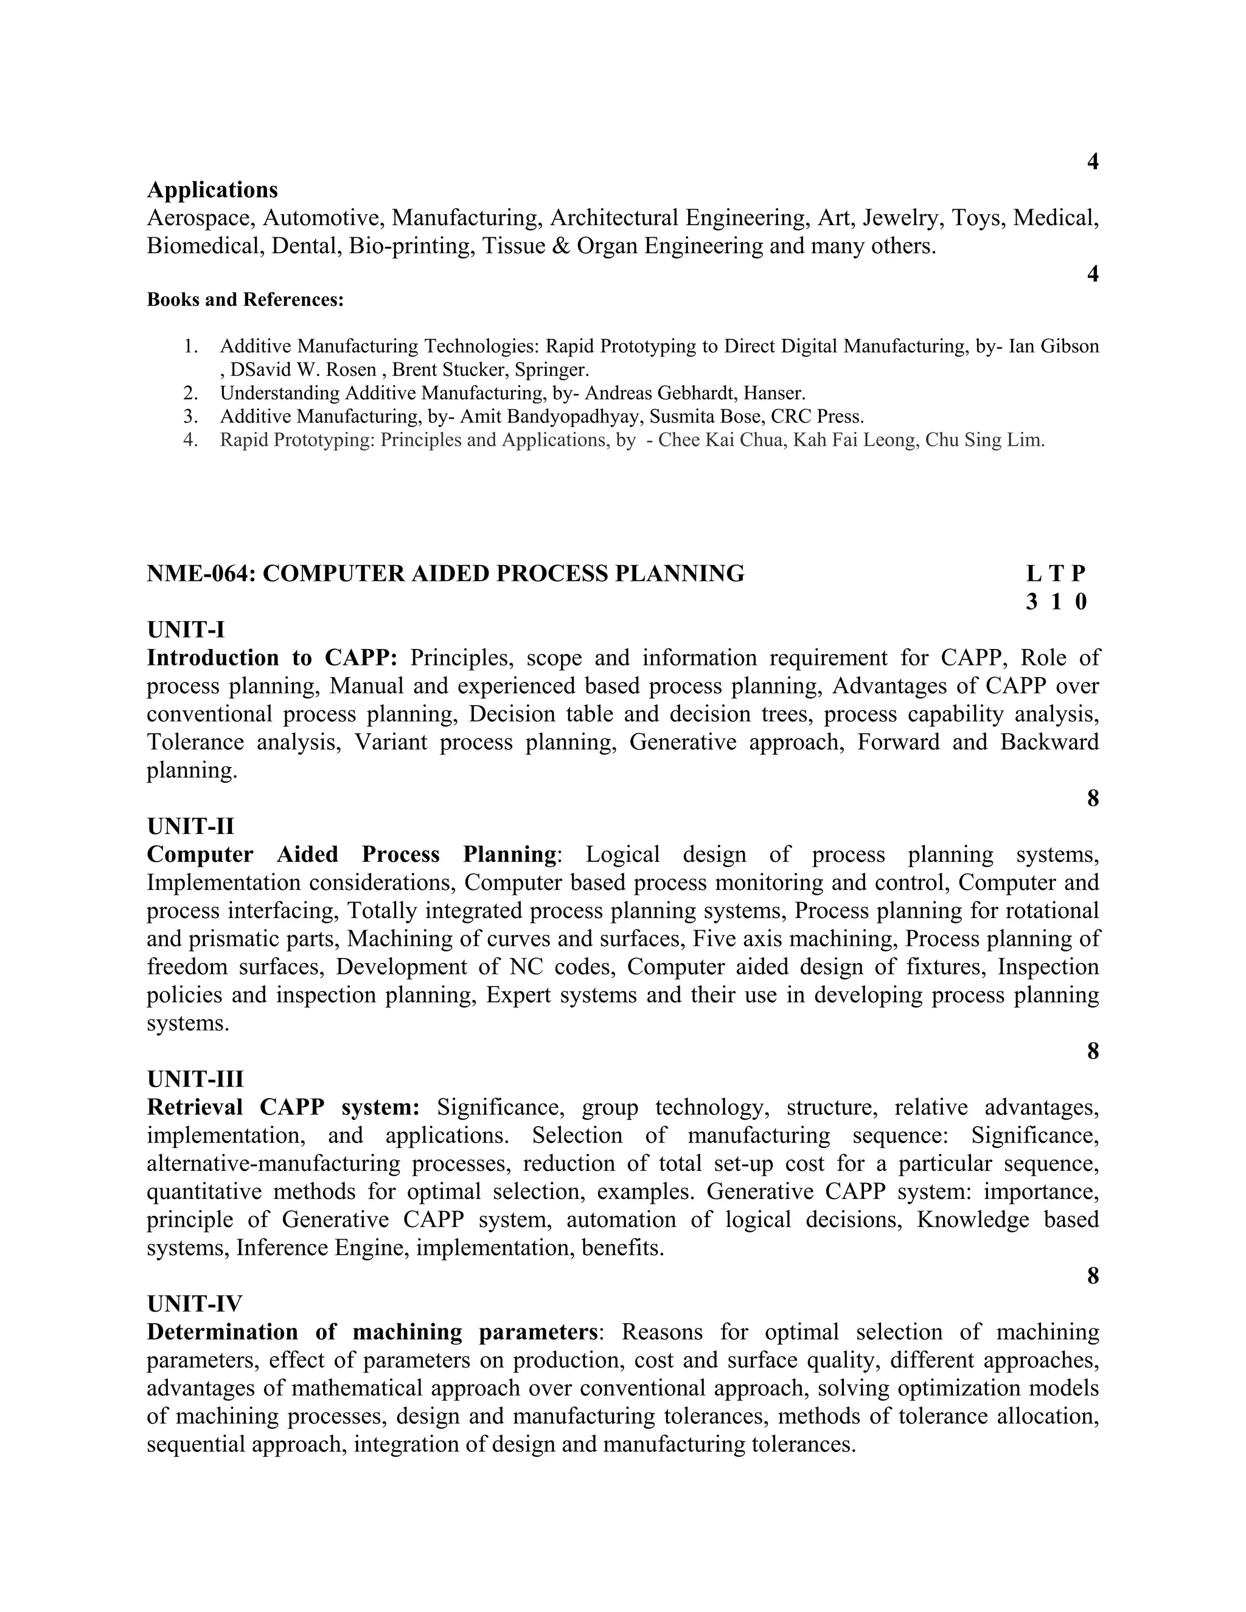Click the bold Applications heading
(x=212, y=190)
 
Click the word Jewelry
(x=902, y=218)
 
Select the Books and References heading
(x=245, y=300)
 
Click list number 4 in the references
(x=190, y=440)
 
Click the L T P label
(x=1056, y=574)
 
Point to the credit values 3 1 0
(x=1056, y=602)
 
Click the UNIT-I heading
(x=186, y=630)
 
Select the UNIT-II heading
(x=190, y=826)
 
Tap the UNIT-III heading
(x=195, y=1079)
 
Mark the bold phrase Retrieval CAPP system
(x=283, y=1107)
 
